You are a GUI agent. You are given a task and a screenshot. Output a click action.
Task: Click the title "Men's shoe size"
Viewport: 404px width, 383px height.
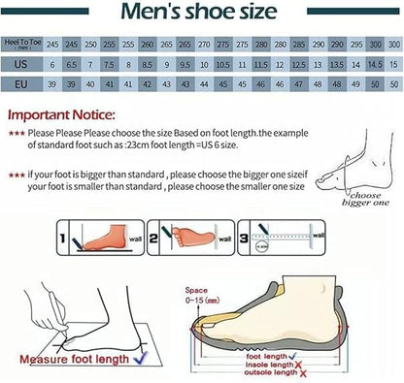[201, 14]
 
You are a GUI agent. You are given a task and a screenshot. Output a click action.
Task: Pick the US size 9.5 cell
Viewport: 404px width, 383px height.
[183, 64]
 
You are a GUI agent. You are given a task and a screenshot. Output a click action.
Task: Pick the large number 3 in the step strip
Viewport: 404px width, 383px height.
[244, 235]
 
